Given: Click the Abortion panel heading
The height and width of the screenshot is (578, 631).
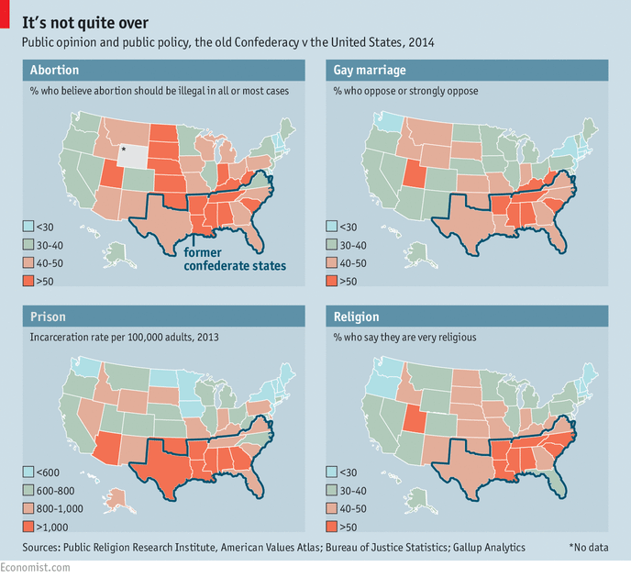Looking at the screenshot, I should click(x=54, y=70).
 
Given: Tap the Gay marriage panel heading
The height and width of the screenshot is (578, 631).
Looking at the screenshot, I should click(x=369, y=70).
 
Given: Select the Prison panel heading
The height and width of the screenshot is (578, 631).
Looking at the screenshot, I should click(x=50, y=317).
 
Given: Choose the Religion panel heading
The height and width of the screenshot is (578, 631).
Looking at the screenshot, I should click(x=357, y=317).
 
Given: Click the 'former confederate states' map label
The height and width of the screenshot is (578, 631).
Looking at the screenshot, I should click(x=235, y=260).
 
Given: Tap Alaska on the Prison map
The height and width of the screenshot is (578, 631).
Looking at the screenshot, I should click(x=117, y=500).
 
